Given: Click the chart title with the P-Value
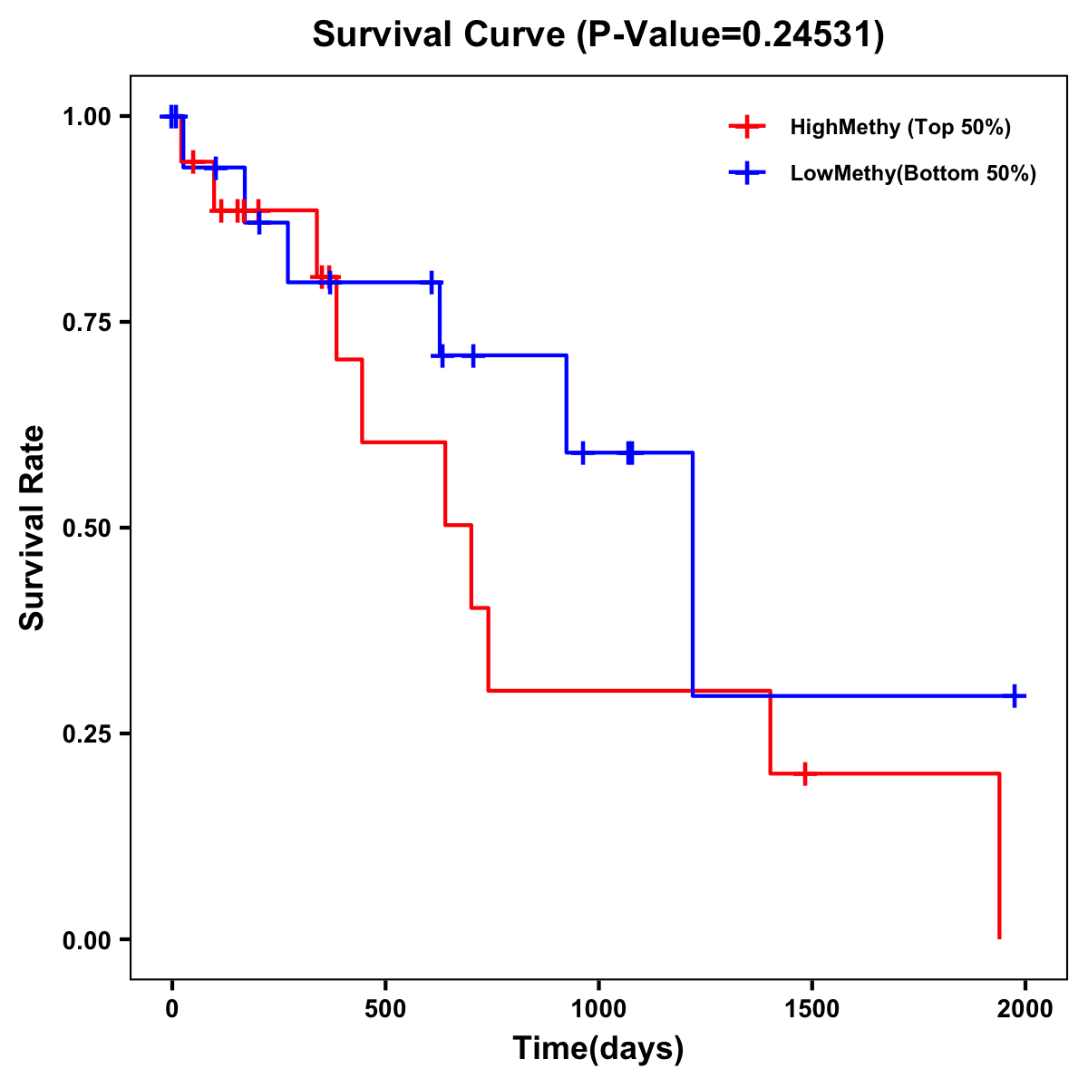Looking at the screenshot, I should [x=598, y=35].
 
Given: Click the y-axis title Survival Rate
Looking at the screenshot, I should [x=33, y=528].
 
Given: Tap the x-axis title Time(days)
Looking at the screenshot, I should [x=598, y=1048].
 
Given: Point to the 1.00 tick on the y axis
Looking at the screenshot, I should [x=86, y=116].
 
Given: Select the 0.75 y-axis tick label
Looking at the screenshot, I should [x=86, y=322].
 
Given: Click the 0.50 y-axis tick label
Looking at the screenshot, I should [x=86, y=528].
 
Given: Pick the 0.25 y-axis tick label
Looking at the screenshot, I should [x=86, y=733].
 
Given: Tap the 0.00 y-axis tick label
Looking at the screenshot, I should [x=86, y=939].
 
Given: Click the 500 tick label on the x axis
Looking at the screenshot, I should [x=385, y=1009].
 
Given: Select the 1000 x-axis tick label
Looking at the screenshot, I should [x=598, y=1009].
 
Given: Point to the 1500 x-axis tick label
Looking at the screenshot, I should [x=811, y=1009].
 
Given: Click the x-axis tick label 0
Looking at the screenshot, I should [x=171, y=1009].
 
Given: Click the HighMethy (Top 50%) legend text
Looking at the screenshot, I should [x=900, y=127].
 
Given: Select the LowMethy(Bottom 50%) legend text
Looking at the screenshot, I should [x=913, y=173].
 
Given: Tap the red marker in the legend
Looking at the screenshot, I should [x=747, y=127].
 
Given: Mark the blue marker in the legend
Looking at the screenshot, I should [x=747, y=173].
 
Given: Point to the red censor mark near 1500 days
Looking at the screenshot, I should [x=804, y=773].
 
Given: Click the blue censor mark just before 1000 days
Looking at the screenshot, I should [x=582, y=452].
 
